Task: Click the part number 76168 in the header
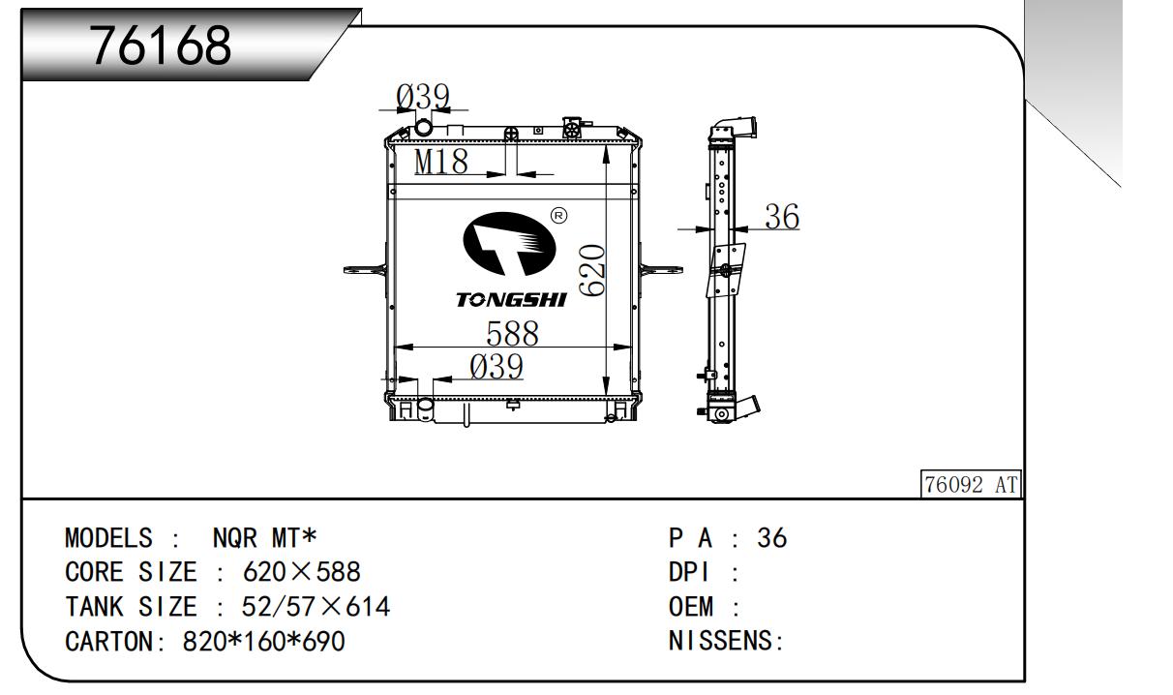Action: click(x=161, y=45)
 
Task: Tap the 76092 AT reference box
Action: click(x=971, y=484)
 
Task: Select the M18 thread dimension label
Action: click(x=441, y=162)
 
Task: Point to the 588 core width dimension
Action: click(x=512, y=334)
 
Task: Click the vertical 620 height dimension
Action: click(x=592, y=270)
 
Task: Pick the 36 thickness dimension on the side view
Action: click(x=782, y=216)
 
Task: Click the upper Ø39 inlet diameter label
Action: click(x=423, y=97)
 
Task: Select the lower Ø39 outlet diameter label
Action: click(x=496, y=366)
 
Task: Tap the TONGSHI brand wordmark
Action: click(x=511, y=300)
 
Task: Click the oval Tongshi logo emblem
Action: click(x=509, y=244)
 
